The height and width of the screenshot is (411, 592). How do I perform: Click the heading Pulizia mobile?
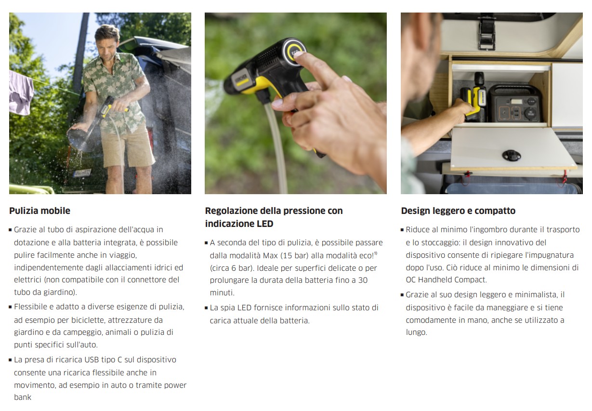[x=39, y=211]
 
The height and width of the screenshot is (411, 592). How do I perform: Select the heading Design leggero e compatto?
[x=458, y=211]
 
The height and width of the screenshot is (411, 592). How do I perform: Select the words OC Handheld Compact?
[x=446, y=279]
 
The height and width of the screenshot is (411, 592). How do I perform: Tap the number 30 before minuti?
[x=363, y=280]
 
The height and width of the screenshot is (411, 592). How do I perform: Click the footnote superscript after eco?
[x=376, y=253]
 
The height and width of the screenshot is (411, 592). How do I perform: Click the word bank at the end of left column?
[x=23, y=397]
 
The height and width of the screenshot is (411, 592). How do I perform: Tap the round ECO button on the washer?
[x=294, y=52]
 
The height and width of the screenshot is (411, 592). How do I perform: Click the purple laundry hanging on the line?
[x=21, y=92]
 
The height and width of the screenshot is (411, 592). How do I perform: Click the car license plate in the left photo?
[x=82, y=173]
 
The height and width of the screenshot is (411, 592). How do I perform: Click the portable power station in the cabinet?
[x=515, y=104]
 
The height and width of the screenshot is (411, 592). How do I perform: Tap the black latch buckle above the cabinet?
[x=487, y=32]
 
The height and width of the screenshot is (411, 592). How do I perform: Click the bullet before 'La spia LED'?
[x=206, y=308]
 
